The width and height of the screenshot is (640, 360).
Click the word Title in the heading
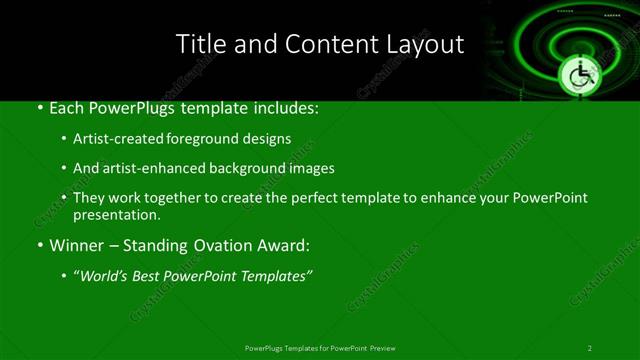point(199,45)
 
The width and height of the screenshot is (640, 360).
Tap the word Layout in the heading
point(426,45)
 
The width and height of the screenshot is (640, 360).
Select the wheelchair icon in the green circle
point(579,74)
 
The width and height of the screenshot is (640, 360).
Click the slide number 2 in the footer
point(589,348)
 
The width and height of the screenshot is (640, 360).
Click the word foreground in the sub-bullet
point(218,138)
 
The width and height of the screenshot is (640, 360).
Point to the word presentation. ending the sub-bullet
point(116,214)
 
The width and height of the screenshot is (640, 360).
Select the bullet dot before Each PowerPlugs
point(39,106)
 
